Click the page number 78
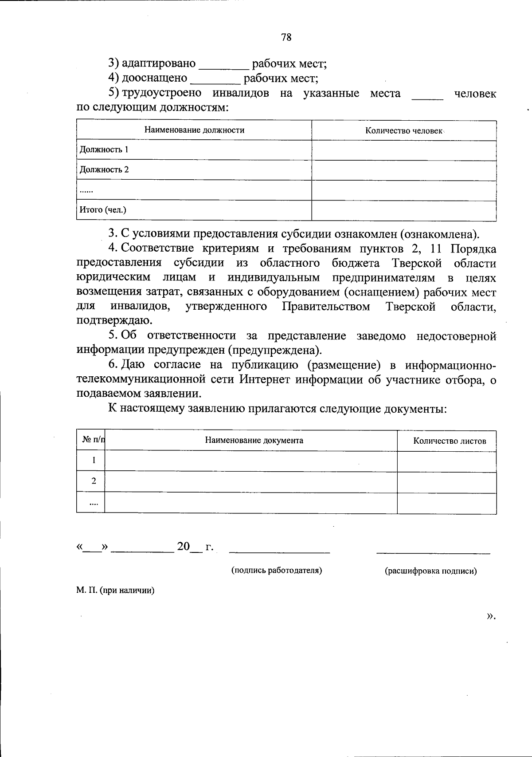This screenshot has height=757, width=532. [x=286, y=37]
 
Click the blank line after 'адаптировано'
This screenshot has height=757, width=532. [x=224, y=67]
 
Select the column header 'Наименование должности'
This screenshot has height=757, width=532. [x=194, y=130]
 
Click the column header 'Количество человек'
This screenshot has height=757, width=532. [x=404, y=130]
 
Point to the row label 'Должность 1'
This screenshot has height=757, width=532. [x=104, y=150]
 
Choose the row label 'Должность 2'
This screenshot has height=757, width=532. [x=104, y=170]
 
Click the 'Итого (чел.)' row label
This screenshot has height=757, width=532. [x=103, y=210]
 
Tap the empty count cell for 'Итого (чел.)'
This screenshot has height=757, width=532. [x=404, y=210]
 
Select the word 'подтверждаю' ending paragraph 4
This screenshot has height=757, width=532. [x=114, y=320]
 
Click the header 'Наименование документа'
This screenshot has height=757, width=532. [x=254, y=440]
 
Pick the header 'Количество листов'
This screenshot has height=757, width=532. [x=449, y=441]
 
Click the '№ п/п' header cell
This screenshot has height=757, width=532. [x=93, y=440]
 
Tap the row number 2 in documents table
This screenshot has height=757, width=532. [x=94, y=481]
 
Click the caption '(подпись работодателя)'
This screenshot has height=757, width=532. [x=277, y=570]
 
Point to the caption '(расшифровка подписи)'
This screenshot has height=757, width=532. [x=430, y=571]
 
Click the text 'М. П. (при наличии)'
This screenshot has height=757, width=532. [x=115, y=591]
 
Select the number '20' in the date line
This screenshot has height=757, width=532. [x=183, y=546]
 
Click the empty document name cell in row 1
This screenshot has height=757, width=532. [x=251, y=461]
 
